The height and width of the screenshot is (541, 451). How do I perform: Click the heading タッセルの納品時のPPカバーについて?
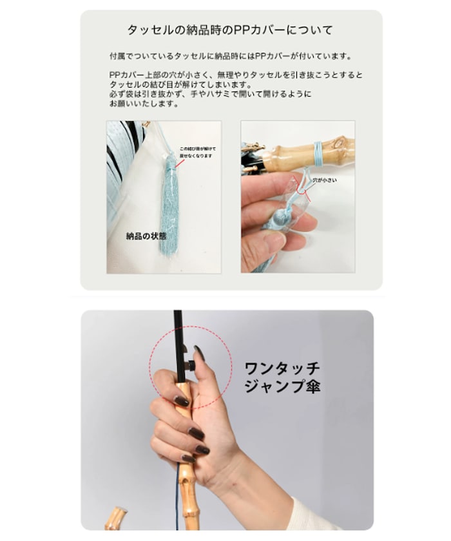tap(230, 30)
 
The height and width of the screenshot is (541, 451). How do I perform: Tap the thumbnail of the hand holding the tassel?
tap(297, 196)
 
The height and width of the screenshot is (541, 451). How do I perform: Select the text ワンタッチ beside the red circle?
tap(282, 370)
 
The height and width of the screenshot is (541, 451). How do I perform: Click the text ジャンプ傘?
tap(282, 388)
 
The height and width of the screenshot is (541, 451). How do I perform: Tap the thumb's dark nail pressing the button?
tap(199, 354)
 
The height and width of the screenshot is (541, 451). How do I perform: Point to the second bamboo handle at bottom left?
tap(116, 518)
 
